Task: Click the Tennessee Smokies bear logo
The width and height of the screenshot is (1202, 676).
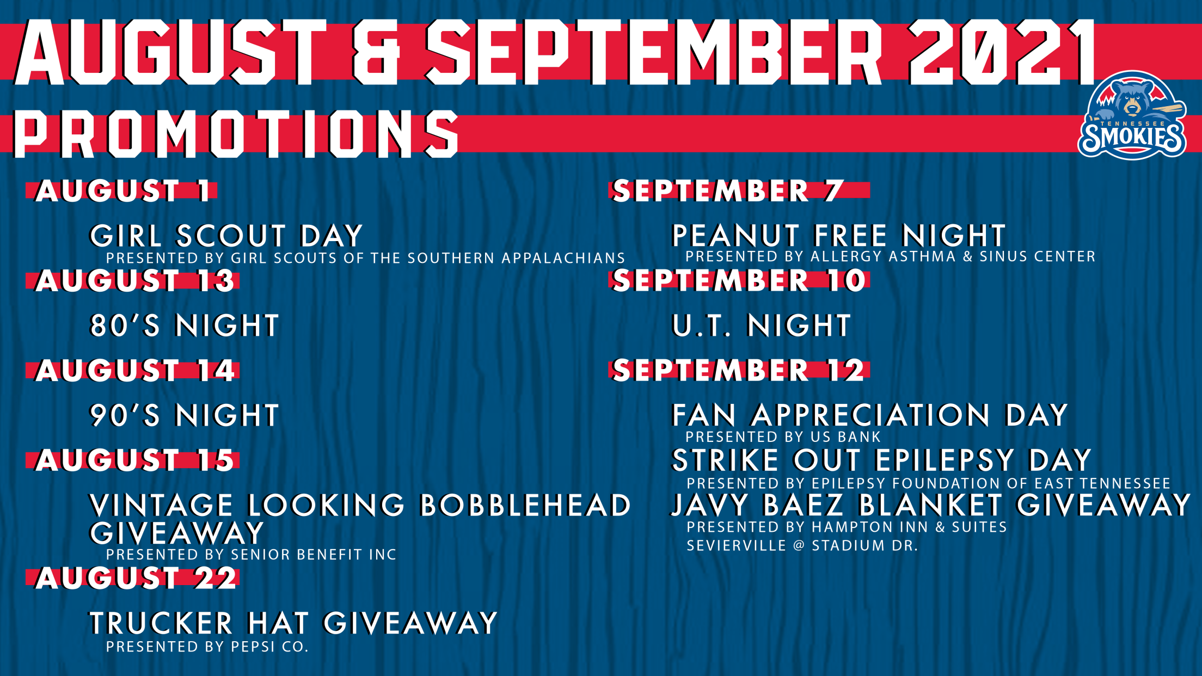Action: (1132, 115)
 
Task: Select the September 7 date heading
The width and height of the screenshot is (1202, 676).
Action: (728, 191)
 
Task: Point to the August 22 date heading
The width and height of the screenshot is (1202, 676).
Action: (136, 578)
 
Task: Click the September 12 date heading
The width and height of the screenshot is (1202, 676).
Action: (739, 371)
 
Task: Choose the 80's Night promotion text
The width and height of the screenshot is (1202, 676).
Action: (185, 325)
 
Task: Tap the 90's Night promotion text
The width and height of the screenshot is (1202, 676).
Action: (185, 415)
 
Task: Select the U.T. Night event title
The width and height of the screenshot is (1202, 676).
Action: (762, 325)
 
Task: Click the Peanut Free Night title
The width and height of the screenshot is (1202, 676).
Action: (839, 236)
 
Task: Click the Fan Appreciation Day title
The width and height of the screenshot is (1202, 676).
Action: (870, 415)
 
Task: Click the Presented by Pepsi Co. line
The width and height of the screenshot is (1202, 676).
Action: (207, 647)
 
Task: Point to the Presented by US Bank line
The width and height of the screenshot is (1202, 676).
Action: (783, 437)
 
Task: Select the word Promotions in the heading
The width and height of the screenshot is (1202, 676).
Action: (236, 134)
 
